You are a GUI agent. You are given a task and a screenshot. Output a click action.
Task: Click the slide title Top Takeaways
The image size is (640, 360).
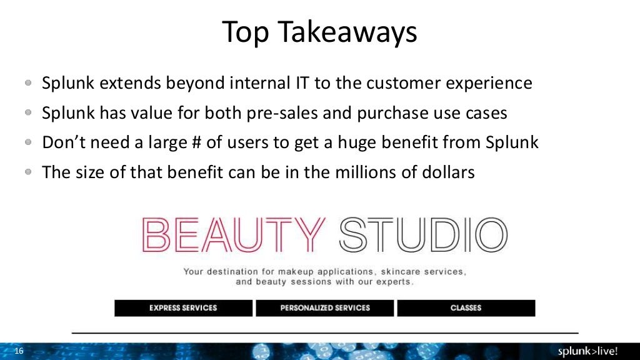(x=319, y=32)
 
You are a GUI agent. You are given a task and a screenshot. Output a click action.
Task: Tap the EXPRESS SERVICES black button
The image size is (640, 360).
(x=183, y=308)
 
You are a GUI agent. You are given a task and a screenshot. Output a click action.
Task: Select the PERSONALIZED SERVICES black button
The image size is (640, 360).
(x=325, y=308)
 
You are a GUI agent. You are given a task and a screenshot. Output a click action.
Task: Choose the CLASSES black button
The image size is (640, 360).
(x=466, y=308)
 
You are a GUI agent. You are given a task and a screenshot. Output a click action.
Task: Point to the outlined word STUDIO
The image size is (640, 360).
(x=422, y=234)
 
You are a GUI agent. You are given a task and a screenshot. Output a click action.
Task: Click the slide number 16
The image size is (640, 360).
(x=18, y=351)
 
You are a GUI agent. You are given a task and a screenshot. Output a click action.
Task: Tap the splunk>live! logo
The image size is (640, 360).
(x=591, y=351)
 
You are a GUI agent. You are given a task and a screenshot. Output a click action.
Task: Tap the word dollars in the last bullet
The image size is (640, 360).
(x=448, y=172)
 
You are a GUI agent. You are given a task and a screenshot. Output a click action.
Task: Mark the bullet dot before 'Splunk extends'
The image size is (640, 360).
(x=29, y=83)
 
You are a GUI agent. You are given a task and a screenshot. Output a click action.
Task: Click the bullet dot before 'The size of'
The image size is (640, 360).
(x=29, y=172)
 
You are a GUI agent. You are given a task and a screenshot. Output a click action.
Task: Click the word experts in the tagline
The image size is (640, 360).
(x=392, y=282)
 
